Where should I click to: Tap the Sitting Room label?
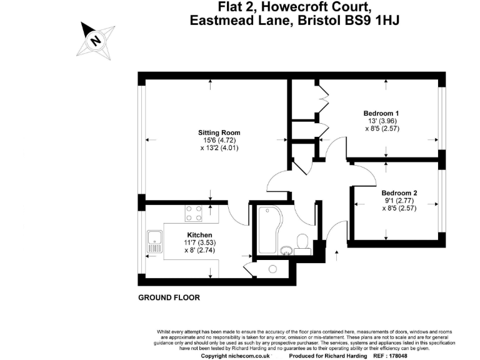219,132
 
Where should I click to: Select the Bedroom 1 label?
381,113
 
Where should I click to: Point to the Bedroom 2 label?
399,192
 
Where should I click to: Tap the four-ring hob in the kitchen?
193,213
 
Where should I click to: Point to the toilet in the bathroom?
302,241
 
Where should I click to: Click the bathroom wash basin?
286,250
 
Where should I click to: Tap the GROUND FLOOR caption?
169,298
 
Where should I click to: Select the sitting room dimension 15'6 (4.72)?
219,141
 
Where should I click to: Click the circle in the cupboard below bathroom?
272,269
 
